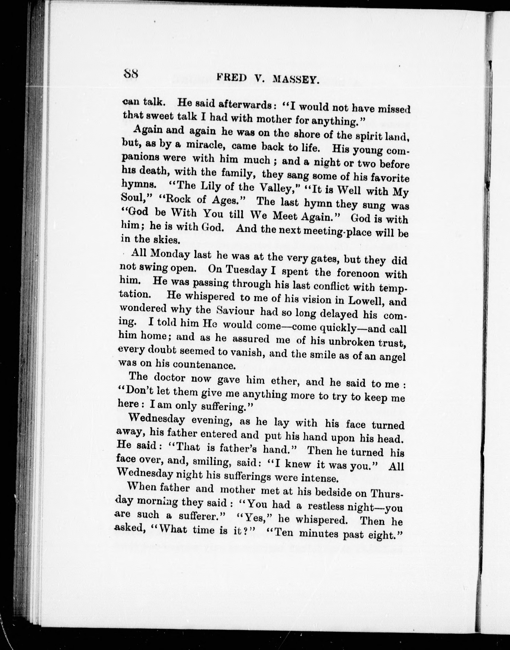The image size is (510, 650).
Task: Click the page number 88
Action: (131, 73)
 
